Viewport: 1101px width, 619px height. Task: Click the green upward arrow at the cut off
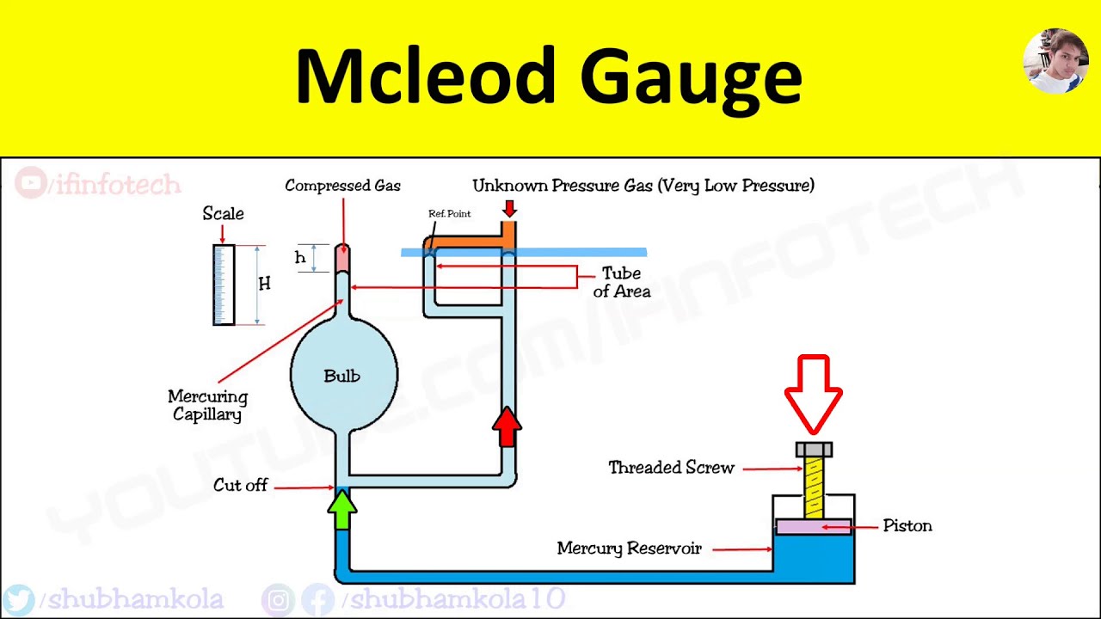click(x=342, y=509)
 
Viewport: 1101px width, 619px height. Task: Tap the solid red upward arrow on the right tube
click(x=507, y=426)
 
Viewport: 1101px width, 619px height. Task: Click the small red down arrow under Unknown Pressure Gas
click(x=509, y=209)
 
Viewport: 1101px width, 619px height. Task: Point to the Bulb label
click(x=341, y=376)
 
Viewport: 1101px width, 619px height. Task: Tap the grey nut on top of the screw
click(x=814, y=450)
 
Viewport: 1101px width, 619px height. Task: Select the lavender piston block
click(x=814, y=526)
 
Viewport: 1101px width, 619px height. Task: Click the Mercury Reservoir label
click(x=629, y=549)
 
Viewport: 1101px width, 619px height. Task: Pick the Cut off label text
click(x=240, y=486)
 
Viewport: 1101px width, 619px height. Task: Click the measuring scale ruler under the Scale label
click(x=224, y=285)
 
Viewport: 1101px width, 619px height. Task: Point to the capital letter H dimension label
click(x=264, y=284)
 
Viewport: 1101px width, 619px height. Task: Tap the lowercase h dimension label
click(x=300, y=258)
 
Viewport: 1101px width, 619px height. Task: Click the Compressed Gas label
click(x=342, y=186)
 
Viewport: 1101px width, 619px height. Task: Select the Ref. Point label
click(x=449, y=214)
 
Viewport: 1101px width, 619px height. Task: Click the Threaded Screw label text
click(x=671, y=468)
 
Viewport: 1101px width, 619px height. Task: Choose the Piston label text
click(x=907, y=526)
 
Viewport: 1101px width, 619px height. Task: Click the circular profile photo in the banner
click(x=1055, y=61)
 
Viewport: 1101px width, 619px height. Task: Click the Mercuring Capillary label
click(x=207, y=405)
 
